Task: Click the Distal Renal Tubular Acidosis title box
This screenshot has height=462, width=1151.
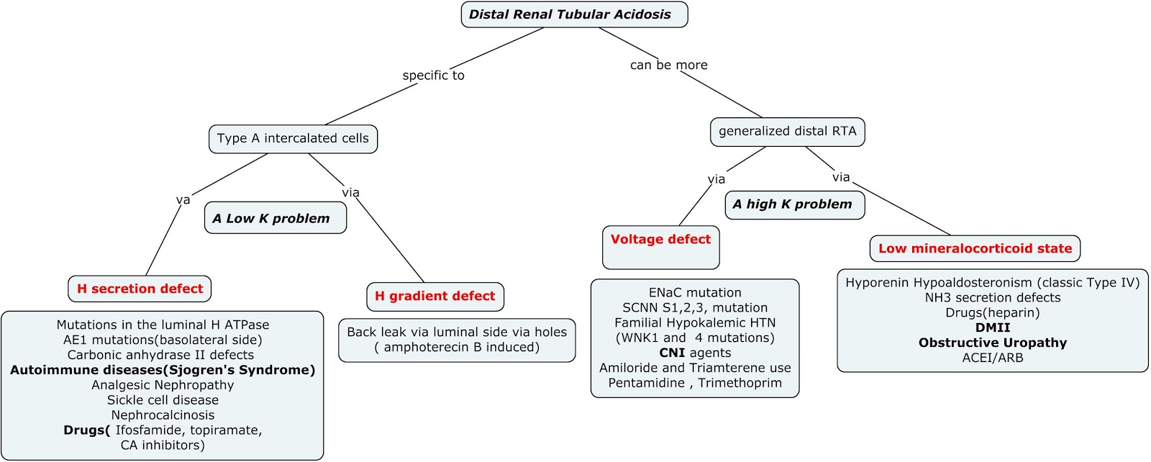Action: [573, 14]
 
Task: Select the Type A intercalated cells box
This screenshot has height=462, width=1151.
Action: [293, 138]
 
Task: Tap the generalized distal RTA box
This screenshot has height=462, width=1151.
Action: [787, 131]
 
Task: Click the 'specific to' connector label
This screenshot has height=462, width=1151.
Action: [433, 76]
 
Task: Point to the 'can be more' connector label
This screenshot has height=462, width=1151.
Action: [668, 65]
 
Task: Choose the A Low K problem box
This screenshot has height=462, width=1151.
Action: [274, 218]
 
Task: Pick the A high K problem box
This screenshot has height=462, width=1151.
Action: [793, 204]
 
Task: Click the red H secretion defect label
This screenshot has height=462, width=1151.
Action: [140, 289]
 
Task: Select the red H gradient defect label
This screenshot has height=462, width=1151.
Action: [435, 296]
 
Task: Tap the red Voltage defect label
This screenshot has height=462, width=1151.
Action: [660, 240]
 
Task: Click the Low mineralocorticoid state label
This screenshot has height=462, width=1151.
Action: [974, 248]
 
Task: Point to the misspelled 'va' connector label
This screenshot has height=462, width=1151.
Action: [183, 200]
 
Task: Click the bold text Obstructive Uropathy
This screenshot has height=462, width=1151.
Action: [992, 343]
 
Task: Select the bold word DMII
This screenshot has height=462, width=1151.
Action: [992, 327]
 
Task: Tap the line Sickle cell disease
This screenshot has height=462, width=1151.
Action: [163, 400]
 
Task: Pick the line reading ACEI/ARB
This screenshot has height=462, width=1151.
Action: [992, 358]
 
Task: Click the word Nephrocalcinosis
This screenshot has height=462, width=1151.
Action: [163, 415]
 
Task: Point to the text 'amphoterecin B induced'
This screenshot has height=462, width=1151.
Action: [460, 347]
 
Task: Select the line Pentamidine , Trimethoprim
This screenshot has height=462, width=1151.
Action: [694, 383]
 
